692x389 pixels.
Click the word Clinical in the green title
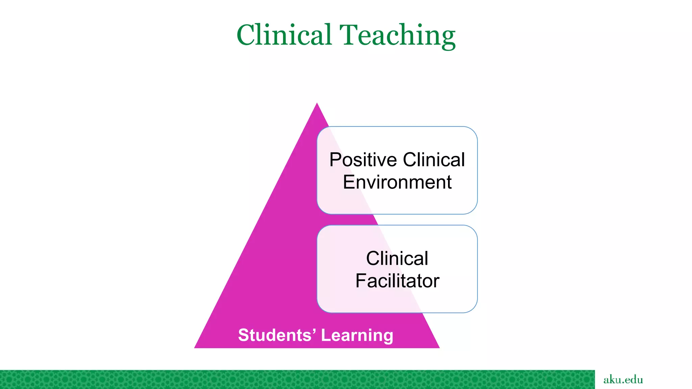284,35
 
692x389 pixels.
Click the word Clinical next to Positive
434,160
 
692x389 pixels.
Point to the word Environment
397,182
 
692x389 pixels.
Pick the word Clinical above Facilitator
397,259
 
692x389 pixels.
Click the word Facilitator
397,281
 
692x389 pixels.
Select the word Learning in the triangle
357,336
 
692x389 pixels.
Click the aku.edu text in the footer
623,380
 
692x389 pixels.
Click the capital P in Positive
335,160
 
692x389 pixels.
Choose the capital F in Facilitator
360,281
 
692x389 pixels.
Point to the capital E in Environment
348,182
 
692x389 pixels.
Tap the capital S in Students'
244,335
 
